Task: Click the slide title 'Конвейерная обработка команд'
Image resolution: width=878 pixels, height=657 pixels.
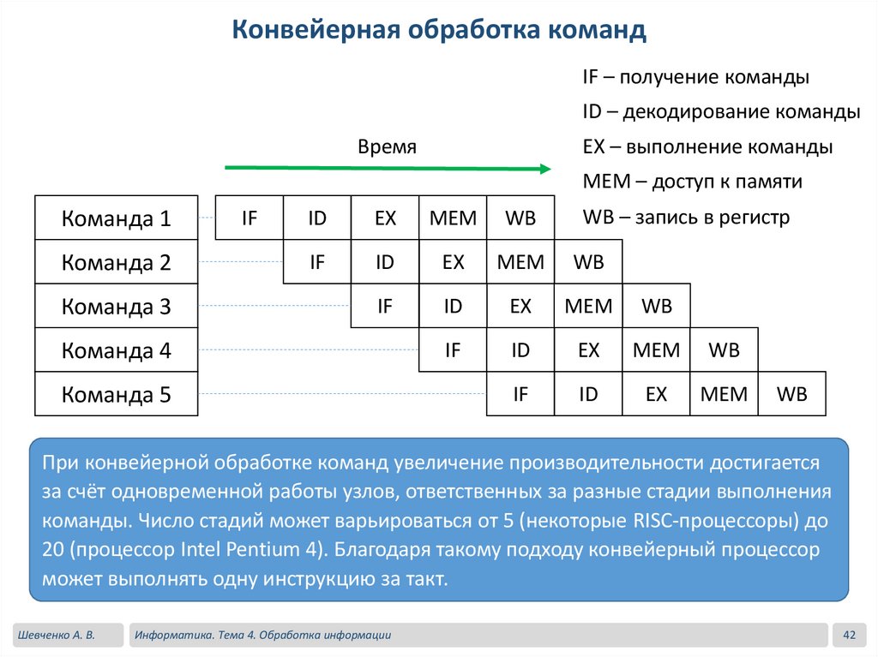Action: pyautogui.click(x=439, y=32)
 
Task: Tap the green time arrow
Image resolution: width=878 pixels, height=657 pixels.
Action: pyautogui.click(x=387, y=169)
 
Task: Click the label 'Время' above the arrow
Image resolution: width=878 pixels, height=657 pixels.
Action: pyautogui.click(x=387, y=146)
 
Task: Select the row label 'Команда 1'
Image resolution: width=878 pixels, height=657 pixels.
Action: pyautogui.click(x=117, y=218)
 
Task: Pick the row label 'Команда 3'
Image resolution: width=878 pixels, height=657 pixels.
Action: pyautogui.click(x=117, y=307)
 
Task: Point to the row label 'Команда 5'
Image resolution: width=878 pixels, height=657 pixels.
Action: pyautogui.click(x=117, y=395)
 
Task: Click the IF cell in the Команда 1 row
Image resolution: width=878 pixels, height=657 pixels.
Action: pyautogui.click(x=249, y=218)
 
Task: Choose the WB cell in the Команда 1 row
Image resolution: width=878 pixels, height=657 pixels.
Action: pyautogui.click(x=520, y=218)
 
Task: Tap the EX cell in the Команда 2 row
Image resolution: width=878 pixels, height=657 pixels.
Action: pyautogui.click(x=453, y=262)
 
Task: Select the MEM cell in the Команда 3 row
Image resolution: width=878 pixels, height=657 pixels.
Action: pyautogui.click(x=588, y=306)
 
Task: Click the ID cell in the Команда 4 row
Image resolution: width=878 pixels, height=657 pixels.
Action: pyautogui.click(x=520, y=350)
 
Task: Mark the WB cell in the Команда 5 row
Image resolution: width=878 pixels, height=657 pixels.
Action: pyautogui.click(x=791, y=394)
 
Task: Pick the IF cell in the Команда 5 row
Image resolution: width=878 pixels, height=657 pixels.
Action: pyautogui.click(x=520, y=394)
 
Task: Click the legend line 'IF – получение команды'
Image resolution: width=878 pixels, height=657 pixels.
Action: pyautogui.click(x=695, y=77)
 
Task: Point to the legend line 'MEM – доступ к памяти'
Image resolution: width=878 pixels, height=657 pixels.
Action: pyautogui.click(x=692, y=182)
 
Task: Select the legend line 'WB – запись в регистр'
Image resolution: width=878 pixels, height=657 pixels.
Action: pyautogui.click(x=686, y=217)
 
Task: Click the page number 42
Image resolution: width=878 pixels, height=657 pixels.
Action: pyautogui.click(x=850, y=635)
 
